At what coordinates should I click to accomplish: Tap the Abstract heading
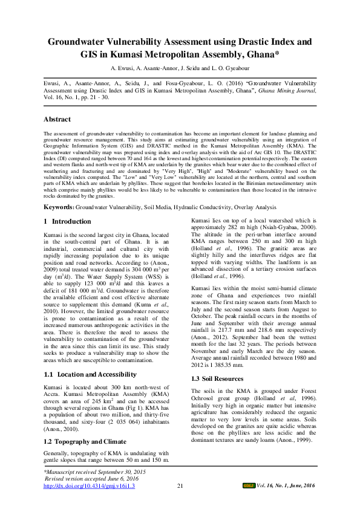(57, 119)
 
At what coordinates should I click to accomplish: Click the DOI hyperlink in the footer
(90, 485)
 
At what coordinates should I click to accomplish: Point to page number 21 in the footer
(180, 485)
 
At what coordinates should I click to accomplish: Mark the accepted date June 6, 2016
(113, 478)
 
